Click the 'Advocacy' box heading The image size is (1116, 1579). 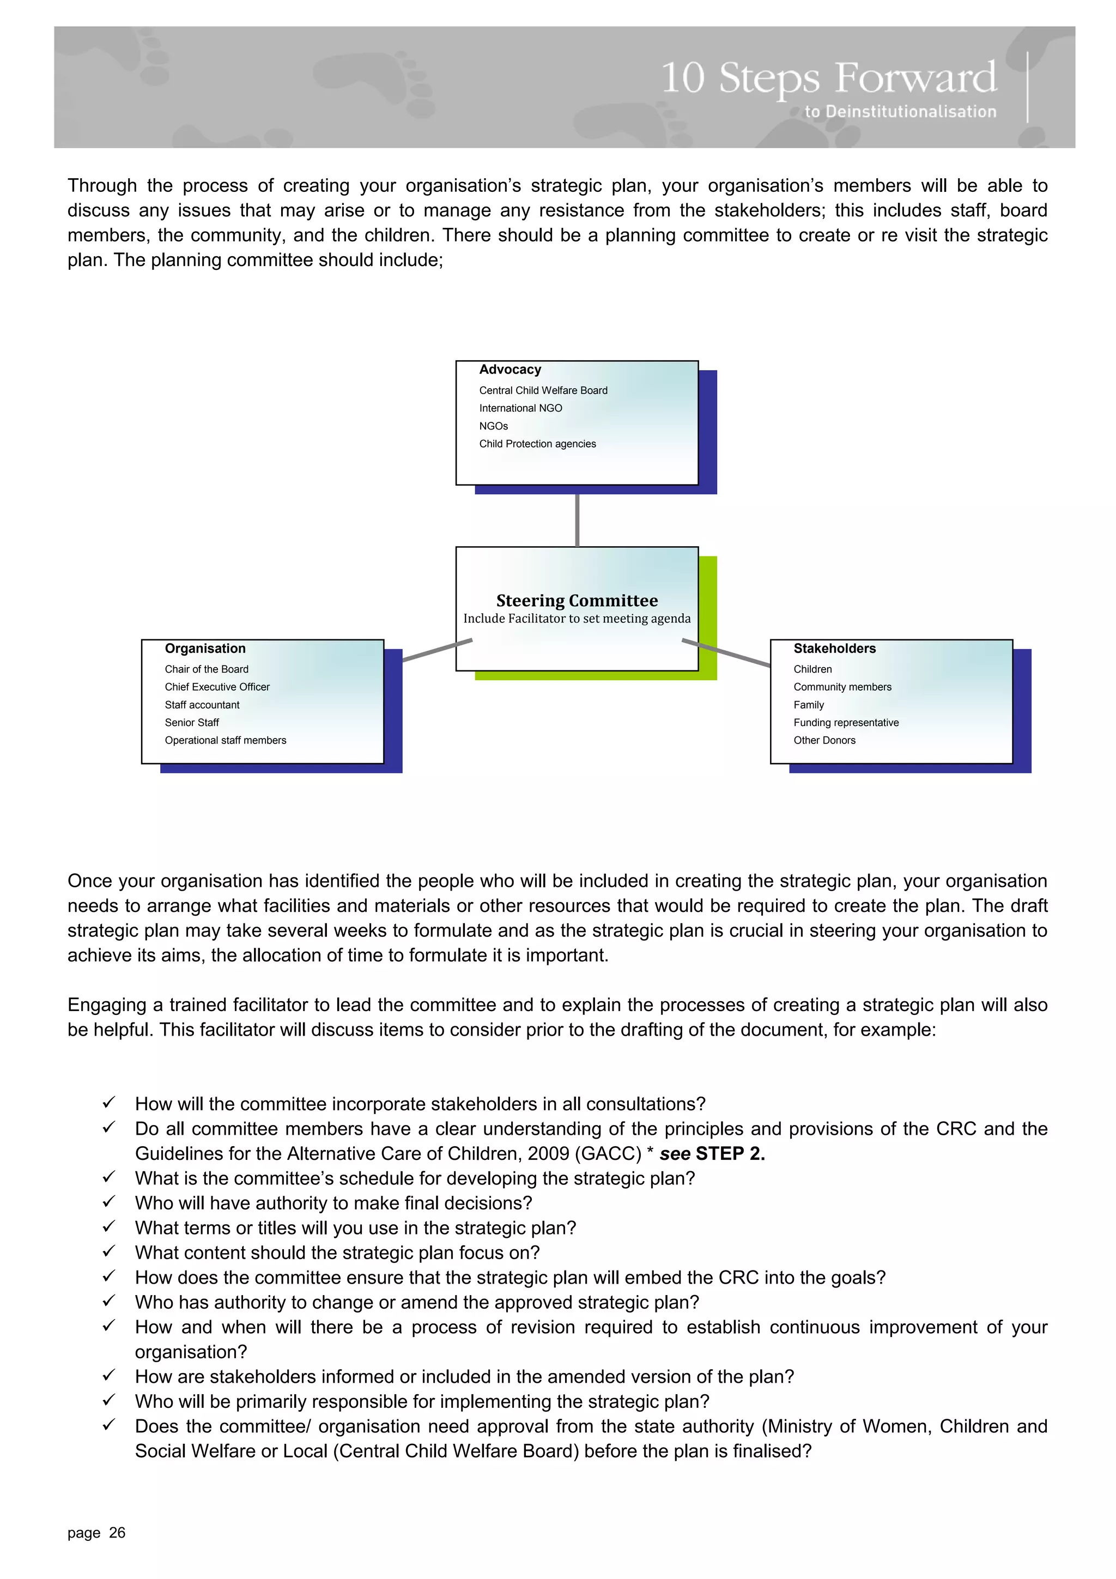(x=510, y=370)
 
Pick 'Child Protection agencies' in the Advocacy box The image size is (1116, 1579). (x=537, y=444)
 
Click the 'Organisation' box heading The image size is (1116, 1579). (x=205, y=649)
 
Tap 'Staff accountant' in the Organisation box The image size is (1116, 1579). (x=202, y=705)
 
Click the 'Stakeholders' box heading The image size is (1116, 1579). (x=834, y=649)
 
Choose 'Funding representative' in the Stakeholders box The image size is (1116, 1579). (x=846, y=723)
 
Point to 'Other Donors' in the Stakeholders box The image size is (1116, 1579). (x=824, y=741)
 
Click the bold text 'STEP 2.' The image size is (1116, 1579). (x=730, y=1154)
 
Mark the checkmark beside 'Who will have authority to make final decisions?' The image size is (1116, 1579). (x=108, y=1202)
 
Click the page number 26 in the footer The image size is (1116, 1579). (x=118, y=1533)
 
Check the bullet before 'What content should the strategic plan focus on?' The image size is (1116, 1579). (x=108, y=1251)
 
